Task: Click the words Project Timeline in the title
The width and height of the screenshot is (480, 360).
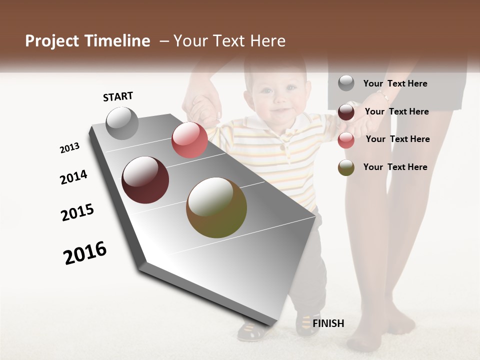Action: click(87, 41)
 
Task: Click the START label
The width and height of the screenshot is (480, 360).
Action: click(118, 96)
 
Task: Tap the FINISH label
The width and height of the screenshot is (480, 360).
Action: click(328, 323)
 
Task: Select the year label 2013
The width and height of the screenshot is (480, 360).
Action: click(69, 148)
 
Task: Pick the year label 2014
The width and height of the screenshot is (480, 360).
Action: click(73, 177)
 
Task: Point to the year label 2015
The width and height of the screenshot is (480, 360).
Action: click(77, 212)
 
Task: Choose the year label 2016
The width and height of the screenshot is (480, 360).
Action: click(85, 252)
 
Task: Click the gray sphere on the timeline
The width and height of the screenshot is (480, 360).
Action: click(122, 123)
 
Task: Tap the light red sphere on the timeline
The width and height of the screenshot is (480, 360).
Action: click(189, 140)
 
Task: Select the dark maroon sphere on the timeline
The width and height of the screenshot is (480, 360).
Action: click(145, 180)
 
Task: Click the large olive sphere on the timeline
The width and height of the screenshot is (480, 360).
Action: click(216, 207)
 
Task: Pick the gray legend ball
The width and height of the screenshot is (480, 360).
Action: click(346, 83)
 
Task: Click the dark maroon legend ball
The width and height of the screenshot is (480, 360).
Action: click(346, 112)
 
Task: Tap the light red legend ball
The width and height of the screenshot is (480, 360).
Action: click(346, 140)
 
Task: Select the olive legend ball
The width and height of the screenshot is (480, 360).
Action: click(346, 167)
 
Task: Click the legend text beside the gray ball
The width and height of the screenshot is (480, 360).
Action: click(395, 83)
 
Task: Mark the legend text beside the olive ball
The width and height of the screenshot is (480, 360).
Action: click(395, 167)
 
